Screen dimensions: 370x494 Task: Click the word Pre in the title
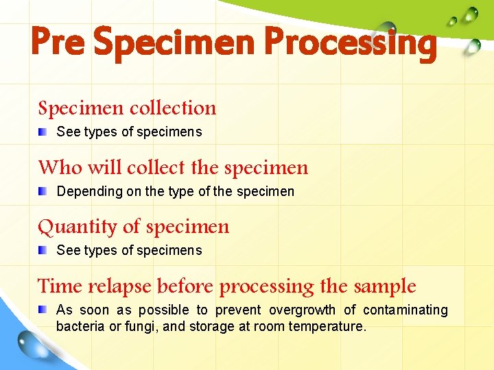(58, 42)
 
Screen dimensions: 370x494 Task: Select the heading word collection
(173, 108)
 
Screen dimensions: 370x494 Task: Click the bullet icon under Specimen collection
(43, 131)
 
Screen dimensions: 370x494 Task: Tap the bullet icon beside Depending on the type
(43, 190)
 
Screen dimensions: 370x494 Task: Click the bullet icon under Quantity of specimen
(43, 249)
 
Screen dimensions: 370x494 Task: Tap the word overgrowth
(302, 310)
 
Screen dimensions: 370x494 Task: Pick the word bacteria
(81, 327)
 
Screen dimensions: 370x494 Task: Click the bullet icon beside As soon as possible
(43, 309)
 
